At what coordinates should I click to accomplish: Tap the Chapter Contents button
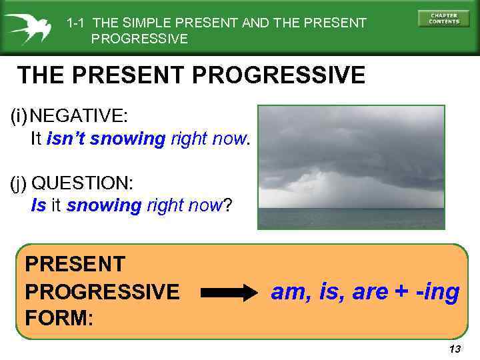[443, 19]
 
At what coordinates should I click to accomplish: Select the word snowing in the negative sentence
[127, 139]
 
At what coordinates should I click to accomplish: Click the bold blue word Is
[39, 205]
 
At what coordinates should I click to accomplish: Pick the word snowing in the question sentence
[104, 205]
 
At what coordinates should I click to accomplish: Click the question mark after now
[227, 205]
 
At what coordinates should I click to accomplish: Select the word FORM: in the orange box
[59, 317]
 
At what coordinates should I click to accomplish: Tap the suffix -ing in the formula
[437, 291]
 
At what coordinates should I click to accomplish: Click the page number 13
[455, 349]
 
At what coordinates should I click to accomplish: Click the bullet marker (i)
[19, 115]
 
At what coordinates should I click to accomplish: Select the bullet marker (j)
[19, 183]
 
